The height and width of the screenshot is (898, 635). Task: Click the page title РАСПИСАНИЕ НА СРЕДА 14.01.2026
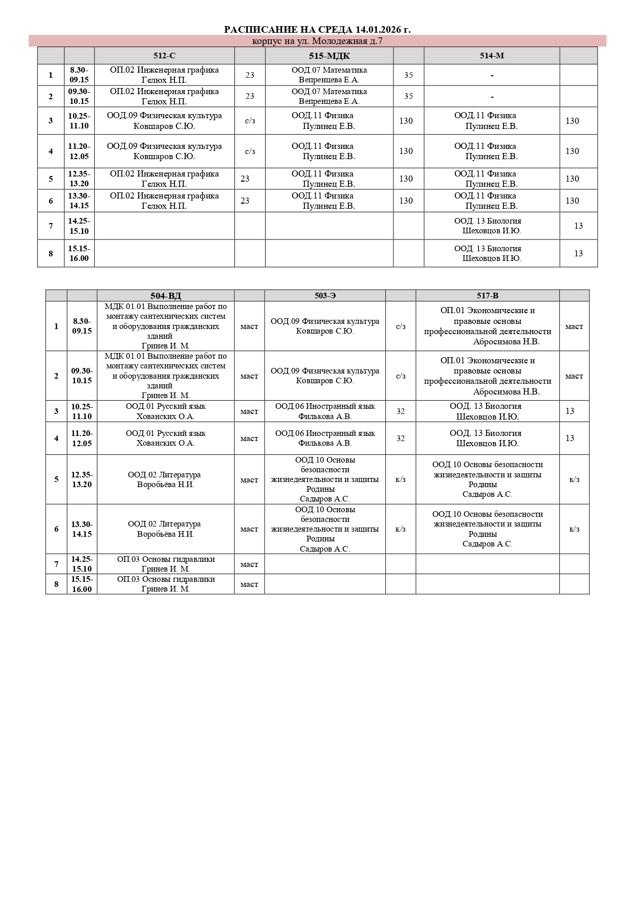point(317,30)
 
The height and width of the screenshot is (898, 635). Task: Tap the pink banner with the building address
point(317,41)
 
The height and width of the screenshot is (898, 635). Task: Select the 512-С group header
point(164,56)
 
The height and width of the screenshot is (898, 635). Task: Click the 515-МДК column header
point(329,56)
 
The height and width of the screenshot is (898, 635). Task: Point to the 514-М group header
point(492,56)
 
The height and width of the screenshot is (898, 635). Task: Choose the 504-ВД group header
point(166,296)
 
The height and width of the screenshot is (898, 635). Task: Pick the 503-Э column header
point(325,296)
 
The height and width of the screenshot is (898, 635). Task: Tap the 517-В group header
point(487,296)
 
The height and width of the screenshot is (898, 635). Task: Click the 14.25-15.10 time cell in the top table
point(79,226)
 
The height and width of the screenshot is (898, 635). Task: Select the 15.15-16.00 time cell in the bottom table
point(82,584)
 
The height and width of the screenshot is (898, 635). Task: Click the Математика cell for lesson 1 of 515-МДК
point(329,75)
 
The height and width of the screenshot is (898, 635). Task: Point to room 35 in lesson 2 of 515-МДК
point(408,96)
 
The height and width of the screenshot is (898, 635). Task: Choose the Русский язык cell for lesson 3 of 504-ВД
point(166,411)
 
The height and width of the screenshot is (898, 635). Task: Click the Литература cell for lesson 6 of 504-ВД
point(166,529)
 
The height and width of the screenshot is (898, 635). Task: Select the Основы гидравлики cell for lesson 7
point(166,564)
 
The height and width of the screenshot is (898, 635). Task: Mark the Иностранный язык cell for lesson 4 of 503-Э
point(325,438)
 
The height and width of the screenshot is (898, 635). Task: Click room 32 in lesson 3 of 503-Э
point(401,411)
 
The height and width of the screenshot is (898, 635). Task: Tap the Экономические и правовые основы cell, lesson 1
point(487,326)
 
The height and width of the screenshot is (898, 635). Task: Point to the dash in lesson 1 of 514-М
point(492,75)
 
